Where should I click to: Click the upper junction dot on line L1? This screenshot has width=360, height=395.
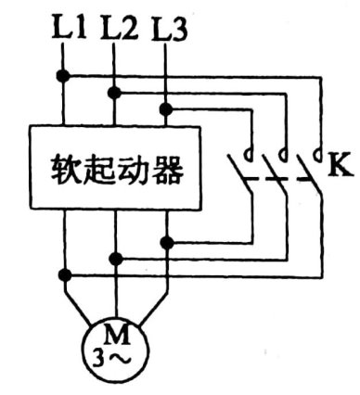pos(64,74)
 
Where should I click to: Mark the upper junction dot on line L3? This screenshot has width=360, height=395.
pos(166,108)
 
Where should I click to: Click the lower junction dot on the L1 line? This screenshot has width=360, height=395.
pos(64,274)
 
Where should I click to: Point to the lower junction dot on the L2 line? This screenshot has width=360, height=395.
pos(115,258)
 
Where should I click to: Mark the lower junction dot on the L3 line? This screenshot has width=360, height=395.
pos(166,242)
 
